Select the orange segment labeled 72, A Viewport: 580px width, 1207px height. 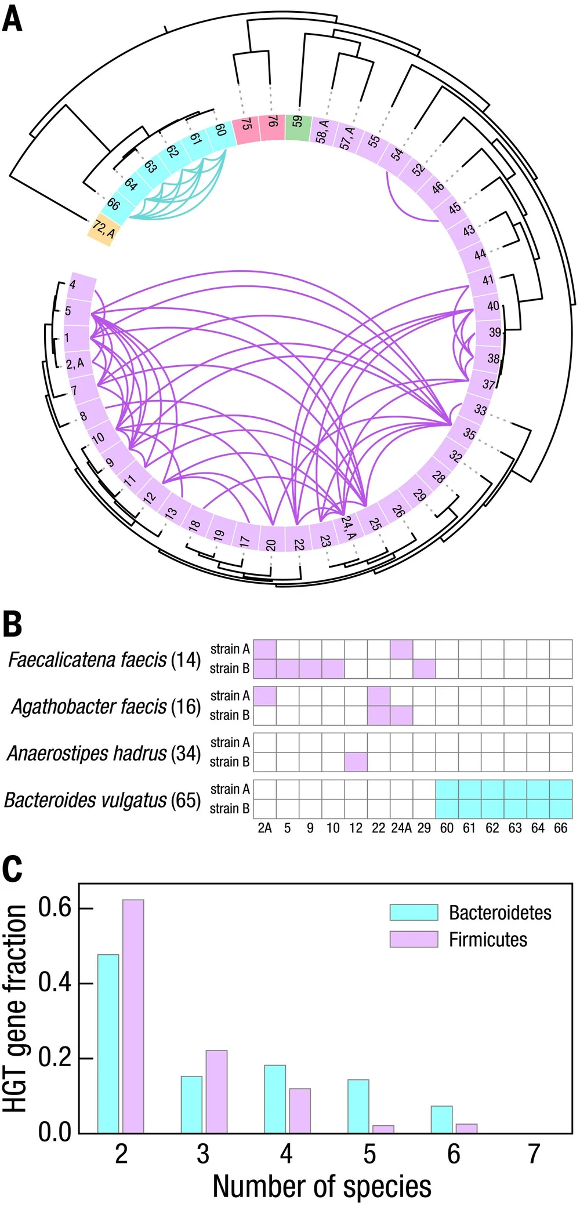pos(102,231)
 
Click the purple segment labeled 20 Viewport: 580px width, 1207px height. pos(271,539)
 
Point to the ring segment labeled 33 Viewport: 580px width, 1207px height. pos(480,409)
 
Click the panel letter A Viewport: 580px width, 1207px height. pos(13,19)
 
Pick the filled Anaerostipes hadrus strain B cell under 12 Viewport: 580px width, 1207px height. pos(356,761)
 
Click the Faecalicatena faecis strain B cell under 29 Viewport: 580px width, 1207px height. pos(424,668)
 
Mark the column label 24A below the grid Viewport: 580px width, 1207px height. pos(401,828)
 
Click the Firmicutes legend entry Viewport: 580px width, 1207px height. pos(488,939)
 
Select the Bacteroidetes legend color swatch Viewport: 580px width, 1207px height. pos(414,912)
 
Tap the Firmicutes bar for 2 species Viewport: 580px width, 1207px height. pos(133,1016)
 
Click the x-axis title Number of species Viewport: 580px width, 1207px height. pos(322,1186)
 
